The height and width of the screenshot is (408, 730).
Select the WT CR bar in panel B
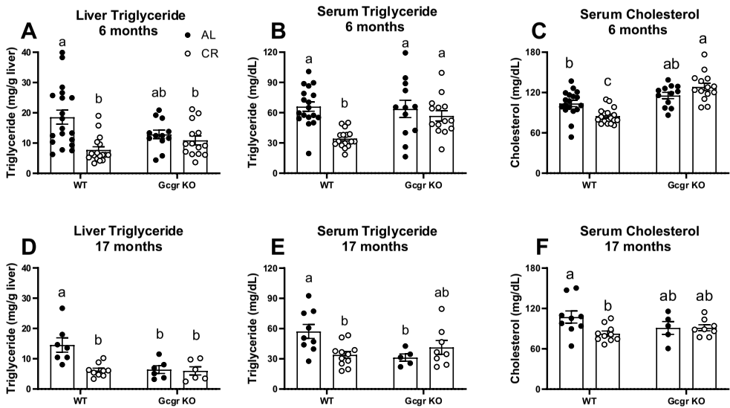[345, 156]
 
